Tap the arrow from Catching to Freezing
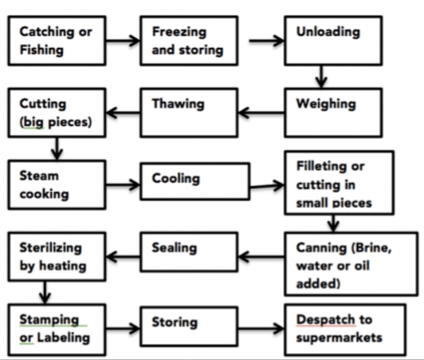click(x=127, y=39)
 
